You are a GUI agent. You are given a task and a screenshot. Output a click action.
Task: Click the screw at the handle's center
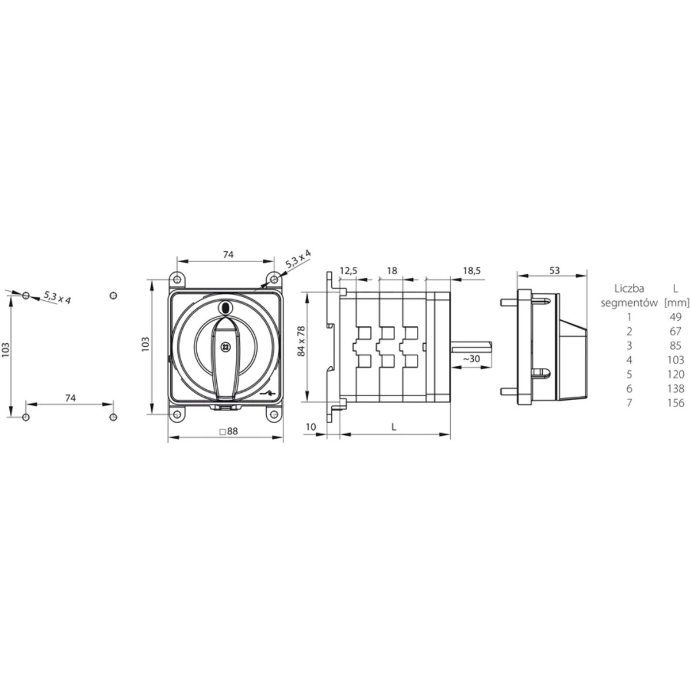(225, 346)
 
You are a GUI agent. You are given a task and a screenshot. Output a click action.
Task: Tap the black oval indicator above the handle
(225, 307)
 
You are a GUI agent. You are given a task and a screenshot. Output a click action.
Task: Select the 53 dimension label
(554, 270)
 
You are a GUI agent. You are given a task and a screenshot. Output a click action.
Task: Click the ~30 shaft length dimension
(471, 358)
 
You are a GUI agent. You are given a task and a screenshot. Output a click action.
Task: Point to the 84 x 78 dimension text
(301, 341)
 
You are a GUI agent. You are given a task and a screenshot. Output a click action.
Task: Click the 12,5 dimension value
(348, 270)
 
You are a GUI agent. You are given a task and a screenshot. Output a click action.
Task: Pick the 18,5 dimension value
(471, 270)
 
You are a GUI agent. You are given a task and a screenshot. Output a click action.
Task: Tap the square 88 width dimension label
(228, 431)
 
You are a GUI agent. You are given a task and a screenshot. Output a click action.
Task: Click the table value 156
(676, 403)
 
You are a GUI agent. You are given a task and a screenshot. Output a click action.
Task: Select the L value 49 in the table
(676, 316)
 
